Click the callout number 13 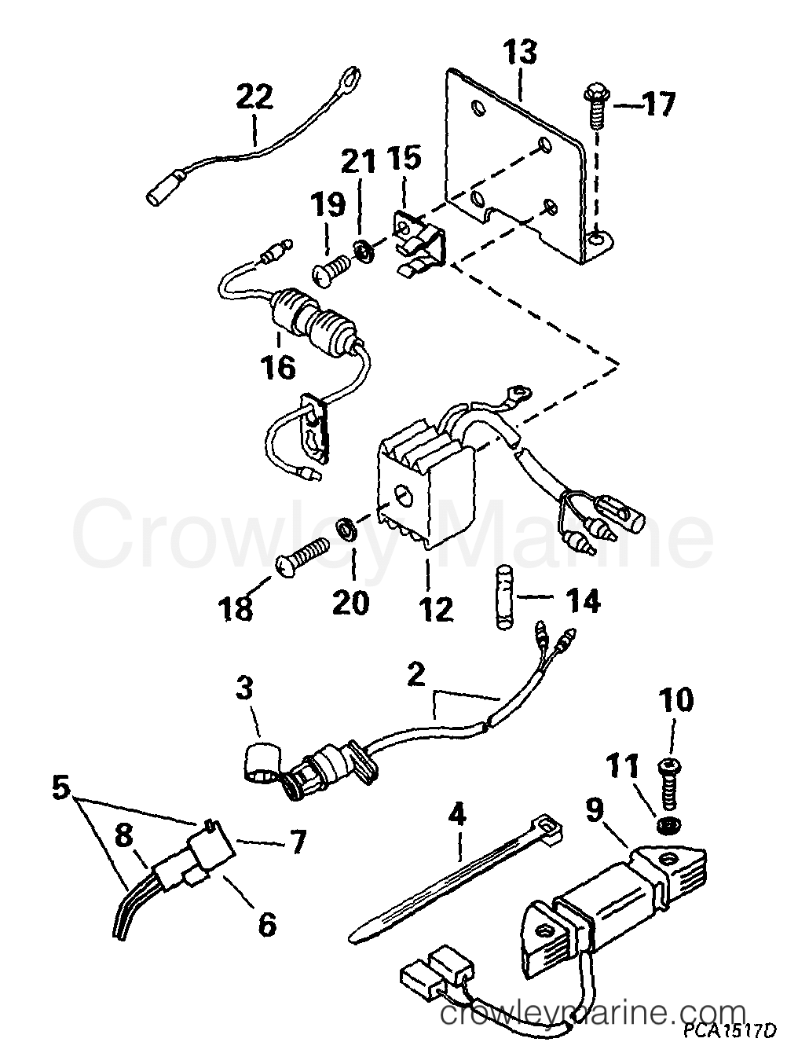522,53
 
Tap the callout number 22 254,98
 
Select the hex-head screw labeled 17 596,108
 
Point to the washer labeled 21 363,251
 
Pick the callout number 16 279,368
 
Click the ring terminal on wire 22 353,75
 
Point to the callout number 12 437,608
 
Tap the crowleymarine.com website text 592,1026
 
